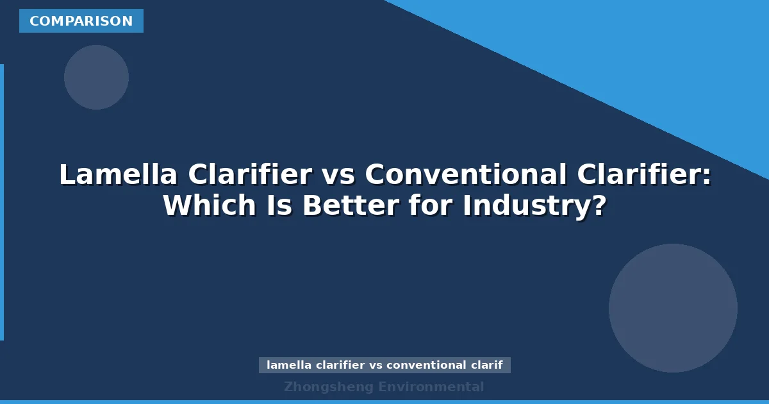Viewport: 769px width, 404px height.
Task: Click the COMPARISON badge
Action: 81,21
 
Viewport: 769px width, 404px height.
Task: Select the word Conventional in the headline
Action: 466,175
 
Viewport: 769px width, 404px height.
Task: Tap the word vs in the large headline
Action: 338,175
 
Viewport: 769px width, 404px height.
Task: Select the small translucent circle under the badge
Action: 96,77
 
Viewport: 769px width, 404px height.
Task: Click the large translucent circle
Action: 673,308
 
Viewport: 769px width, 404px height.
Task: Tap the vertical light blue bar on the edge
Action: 2,202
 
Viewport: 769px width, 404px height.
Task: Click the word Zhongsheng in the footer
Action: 328,387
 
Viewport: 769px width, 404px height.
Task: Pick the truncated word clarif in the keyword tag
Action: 486,366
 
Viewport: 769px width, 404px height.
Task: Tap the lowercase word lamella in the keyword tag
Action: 286,366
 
